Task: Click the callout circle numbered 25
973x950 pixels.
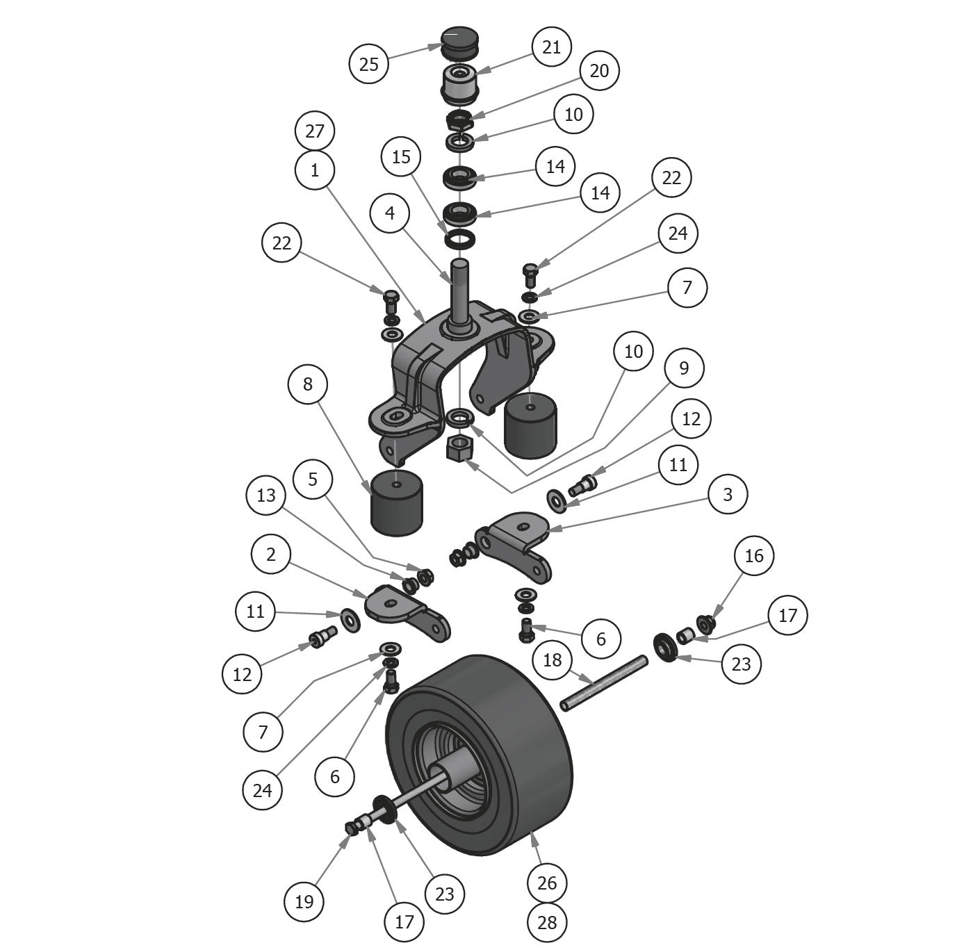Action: [x=369, y=63]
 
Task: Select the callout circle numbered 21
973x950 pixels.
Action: [x=551, y=47]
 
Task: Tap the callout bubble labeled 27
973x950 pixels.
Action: [x=315, y=131]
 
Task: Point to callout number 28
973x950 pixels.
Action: [x=547, y=922]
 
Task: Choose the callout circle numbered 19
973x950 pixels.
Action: [x=304, y=901]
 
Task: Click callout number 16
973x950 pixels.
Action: [x=754, y=555]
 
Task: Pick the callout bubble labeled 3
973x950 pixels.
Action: [x=728, y=494]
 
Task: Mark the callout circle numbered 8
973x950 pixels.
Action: [x=308, y=384]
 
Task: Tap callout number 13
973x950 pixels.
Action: [x=266, y=495]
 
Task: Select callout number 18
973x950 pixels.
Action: [x=552, y=660]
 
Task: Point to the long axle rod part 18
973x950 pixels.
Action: [x=603, y=683]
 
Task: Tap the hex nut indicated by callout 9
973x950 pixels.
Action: [x=461, y=448]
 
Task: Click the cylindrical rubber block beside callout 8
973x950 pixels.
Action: [x=397, y=502]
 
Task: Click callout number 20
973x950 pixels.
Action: [x=598, y=70]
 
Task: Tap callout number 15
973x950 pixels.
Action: [x=401, y=156]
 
